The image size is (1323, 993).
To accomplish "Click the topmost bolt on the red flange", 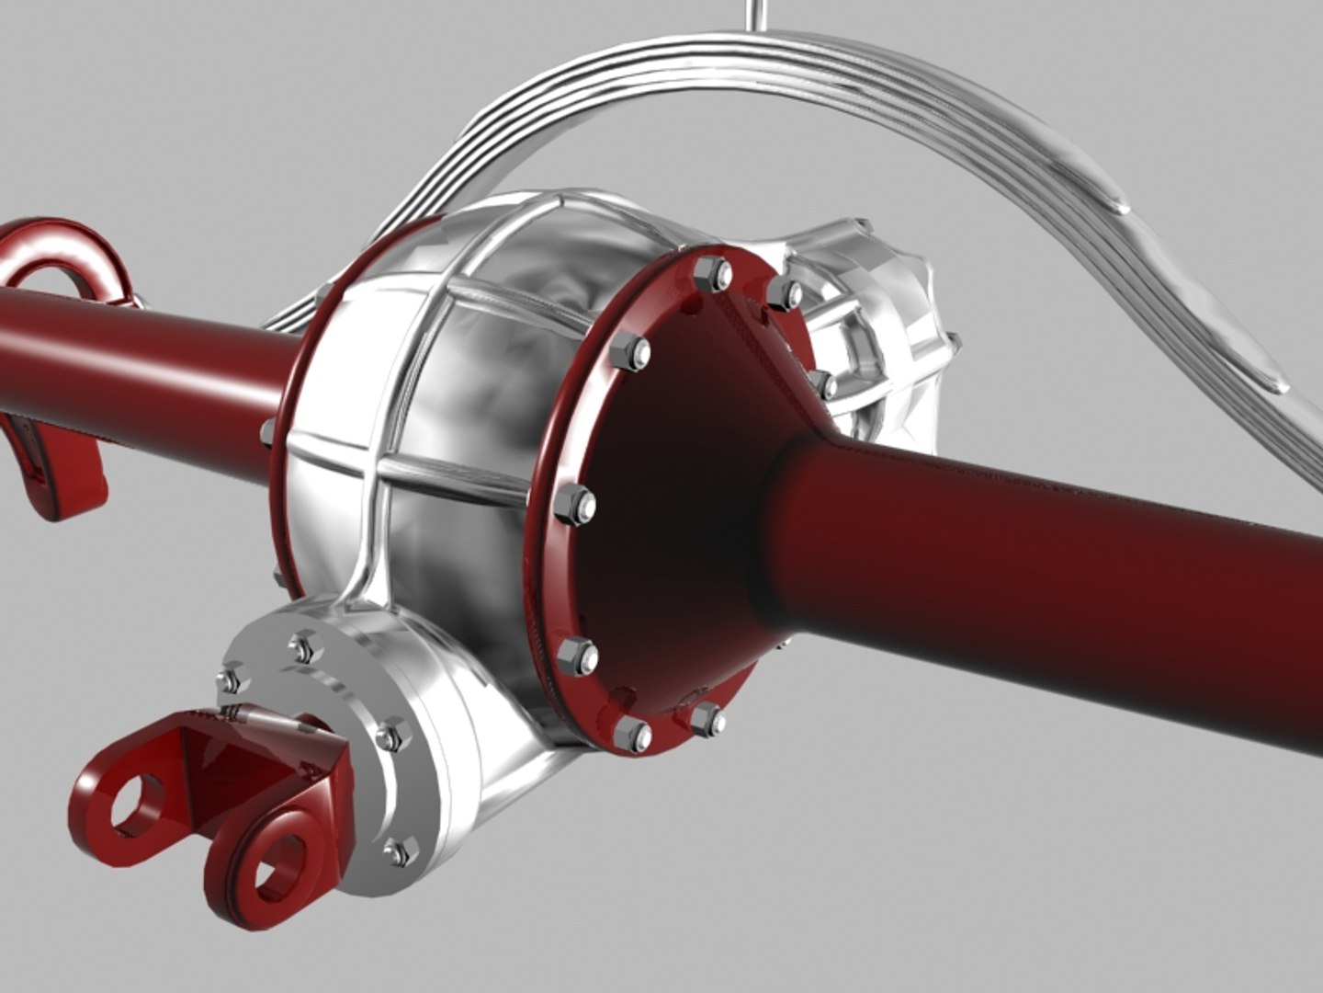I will (720, 273).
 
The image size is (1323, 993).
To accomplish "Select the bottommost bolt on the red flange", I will (632, 732).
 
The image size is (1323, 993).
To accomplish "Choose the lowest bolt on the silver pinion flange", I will (397, 853).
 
